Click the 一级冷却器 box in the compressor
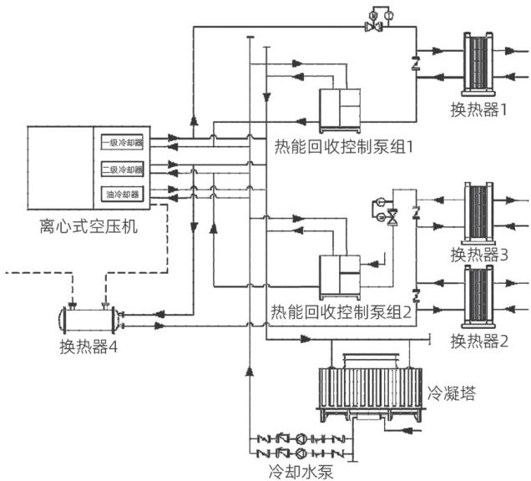122,142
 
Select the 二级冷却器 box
122,169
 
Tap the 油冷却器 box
122,195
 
